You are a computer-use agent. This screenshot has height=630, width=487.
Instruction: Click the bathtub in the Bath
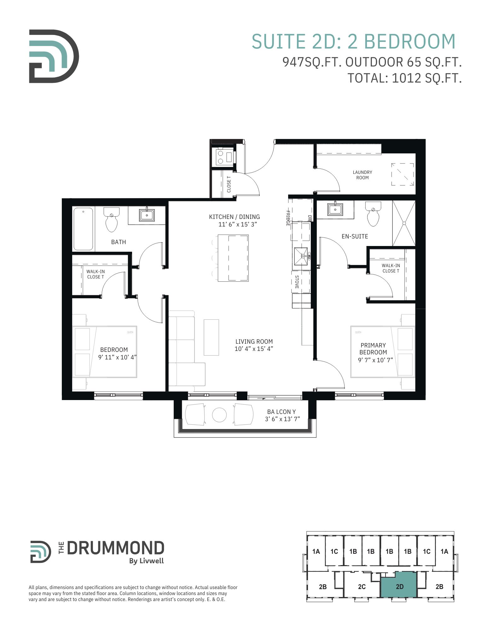[83, 229]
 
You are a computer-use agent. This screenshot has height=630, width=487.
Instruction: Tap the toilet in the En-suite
[373, 214]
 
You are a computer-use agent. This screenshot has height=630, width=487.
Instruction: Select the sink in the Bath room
[147, 215]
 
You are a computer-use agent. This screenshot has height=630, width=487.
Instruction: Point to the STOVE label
[297, 282]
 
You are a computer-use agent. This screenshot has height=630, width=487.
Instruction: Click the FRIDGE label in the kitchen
[288, 218]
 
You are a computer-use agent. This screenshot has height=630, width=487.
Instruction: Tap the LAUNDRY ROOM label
[362, 175]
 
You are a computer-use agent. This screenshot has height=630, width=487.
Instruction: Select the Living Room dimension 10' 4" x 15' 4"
[254, 349]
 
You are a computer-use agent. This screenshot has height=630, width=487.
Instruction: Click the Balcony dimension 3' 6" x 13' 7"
[282, 419]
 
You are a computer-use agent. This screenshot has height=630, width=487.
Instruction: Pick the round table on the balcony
[219, 415]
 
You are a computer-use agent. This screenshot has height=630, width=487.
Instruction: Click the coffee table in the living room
[211, 337]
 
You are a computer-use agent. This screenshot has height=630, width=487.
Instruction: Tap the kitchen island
[233, 258]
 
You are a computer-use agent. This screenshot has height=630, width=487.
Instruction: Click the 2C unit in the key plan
[362, 587]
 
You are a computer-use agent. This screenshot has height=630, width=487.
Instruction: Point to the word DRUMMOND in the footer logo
[115, 548]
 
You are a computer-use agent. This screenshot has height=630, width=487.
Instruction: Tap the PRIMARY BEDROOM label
[373, 349]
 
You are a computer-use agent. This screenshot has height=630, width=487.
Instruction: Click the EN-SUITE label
[355, 236]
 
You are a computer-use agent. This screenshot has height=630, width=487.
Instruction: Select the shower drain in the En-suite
[404, 223]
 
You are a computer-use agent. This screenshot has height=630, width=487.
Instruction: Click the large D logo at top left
[54, 56]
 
